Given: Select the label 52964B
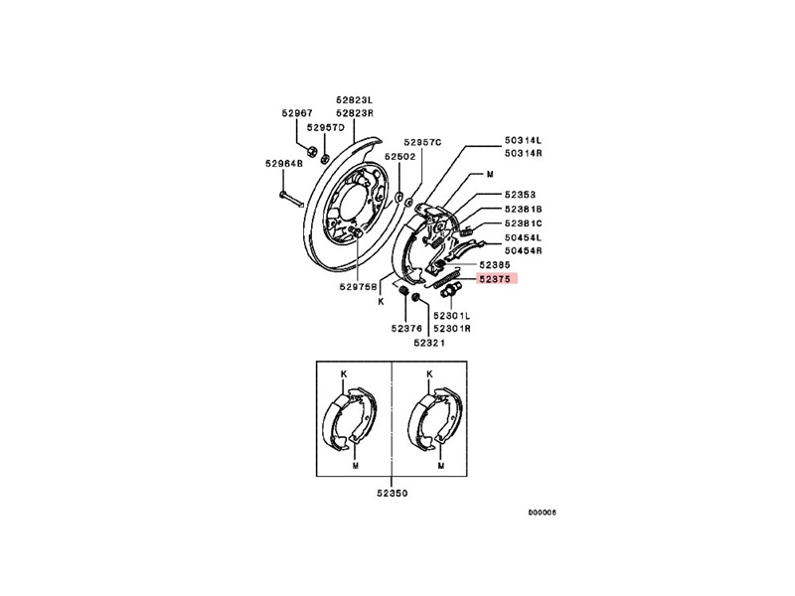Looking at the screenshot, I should pyautogui.click(x=283, y=164).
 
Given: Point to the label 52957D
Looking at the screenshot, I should pyautogui.click(x=325, y=128).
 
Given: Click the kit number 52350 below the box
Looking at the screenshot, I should pyautogui.click(x=393, y=492).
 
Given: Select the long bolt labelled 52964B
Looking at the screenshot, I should pyautogui.click(x=284, y=194).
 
